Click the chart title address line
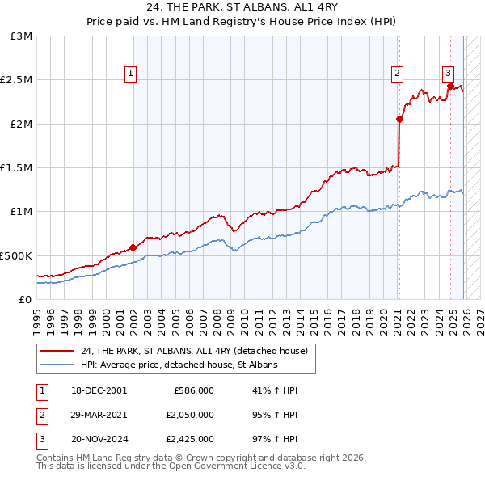(242, 6)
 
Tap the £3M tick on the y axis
(22, 36)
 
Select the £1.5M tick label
(18, 168)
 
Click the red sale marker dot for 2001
(133, 248)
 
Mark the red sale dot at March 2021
(399, 120)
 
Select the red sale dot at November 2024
(449, 87)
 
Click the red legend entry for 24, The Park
(194, 352)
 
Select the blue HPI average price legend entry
(179, 365)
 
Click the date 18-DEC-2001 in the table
(98, 390)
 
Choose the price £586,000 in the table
(193, 390)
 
